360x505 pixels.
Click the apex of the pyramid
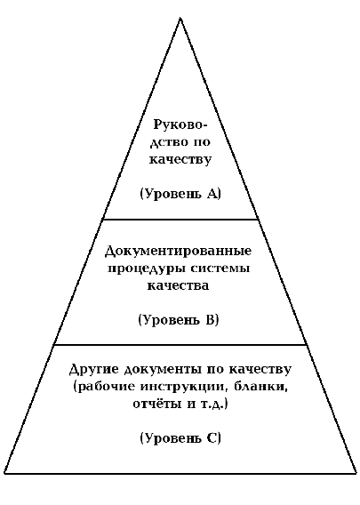click(180, 19)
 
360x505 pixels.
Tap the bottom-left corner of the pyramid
click(4, 473)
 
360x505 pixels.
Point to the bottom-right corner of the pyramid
click(356, 473)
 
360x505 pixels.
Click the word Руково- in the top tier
click(180, 125)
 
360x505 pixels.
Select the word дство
click(169, 142)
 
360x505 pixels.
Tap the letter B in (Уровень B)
click(211, 320)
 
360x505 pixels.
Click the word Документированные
click(178, 252)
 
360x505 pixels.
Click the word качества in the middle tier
click(178, 285)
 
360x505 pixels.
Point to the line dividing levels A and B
click(180, 220)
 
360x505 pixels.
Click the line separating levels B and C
click(180, 345)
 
